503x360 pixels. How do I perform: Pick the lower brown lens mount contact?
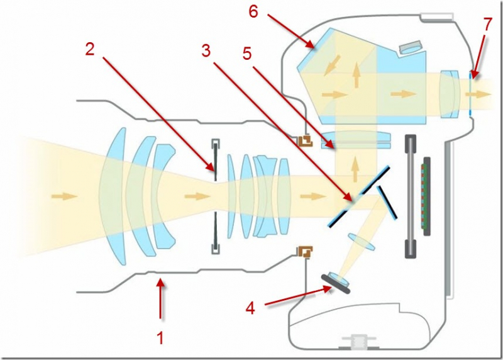(307, 252)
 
